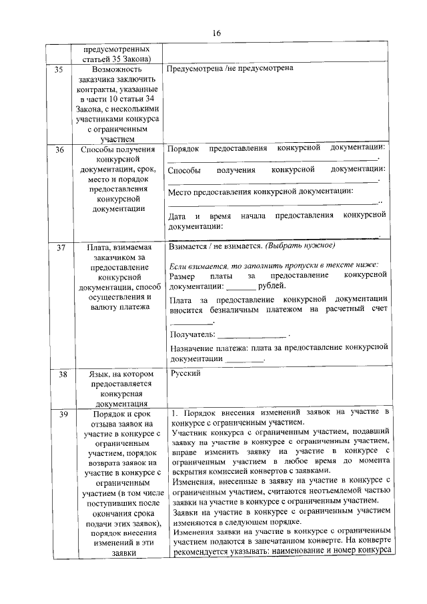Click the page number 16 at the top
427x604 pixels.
coord(216,33)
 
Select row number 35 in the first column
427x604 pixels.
coord(59,69)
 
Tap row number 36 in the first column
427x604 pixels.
coord(59,150)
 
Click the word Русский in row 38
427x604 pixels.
coord(185,374)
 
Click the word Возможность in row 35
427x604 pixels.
coord(117,69)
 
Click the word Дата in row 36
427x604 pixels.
coord(177,217)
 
